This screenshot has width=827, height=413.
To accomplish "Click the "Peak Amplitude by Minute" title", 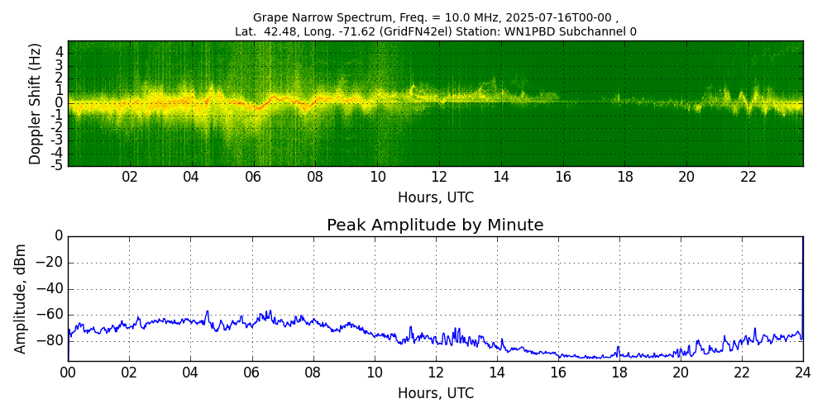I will (x=435, y=225).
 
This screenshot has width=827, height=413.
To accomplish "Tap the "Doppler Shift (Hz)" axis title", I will (x=36, y=103).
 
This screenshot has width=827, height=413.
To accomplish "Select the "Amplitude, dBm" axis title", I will (x=22, y=298).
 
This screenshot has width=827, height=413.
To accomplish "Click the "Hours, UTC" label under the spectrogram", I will (x=435, y=198).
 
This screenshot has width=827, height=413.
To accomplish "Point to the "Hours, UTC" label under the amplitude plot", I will (x=435, y=393).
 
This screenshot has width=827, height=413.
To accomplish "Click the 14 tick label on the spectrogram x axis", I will (x=501, y=178).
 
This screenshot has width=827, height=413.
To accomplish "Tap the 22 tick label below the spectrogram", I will (x=748, y=178).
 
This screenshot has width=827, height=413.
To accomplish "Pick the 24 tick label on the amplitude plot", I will (x=802, y=373).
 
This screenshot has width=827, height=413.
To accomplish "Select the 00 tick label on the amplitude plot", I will (x=68, y=373).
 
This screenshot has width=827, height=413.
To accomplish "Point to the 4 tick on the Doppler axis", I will (x=60, y=52).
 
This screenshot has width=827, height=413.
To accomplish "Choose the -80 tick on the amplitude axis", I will (x=51, y=340).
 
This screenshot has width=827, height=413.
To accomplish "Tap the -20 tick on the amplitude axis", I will (x=51, y=263).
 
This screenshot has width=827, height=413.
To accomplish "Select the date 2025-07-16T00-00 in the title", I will (x=558, y=17).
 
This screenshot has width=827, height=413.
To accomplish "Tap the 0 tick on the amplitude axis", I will (x=59, y=236).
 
